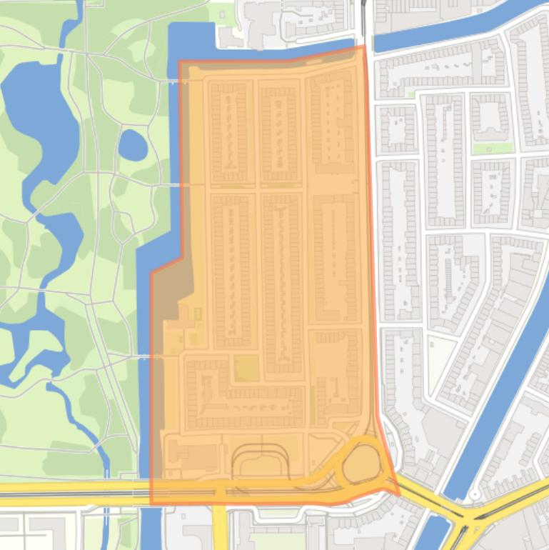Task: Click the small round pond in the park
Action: point(132,146)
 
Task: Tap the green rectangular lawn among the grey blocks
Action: point(492,149)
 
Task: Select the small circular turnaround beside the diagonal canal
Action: point(475,494)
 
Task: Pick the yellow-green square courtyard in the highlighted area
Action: point(246,369)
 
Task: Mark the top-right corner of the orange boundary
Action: point(365,47)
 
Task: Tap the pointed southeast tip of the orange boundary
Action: point(398,493)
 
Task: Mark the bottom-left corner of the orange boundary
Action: point(151,502)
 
